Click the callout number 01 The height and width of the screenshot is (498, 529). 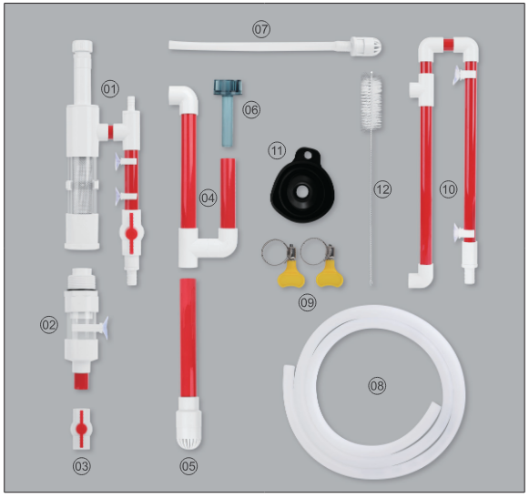[x=110, y=88]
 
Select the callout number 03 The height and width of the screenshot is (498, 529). [x=82, y=466]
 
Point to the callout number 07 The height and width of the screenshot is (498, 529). [x=261, y=28]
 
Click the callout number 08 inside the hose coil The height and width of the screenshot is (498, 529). [x=377, y=385]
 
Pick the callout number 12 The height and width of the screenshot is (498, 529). [x=382, y=189]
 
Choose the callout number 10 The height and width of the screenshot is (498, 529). [x=447, y=188]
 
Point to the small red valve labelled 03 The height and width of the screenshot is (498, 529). [x=82, y=426]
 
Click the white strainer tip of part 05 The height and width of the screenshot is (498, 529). [x=188, y=428]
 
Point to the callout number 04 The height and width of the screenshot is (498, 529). [x=209, y=197]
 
